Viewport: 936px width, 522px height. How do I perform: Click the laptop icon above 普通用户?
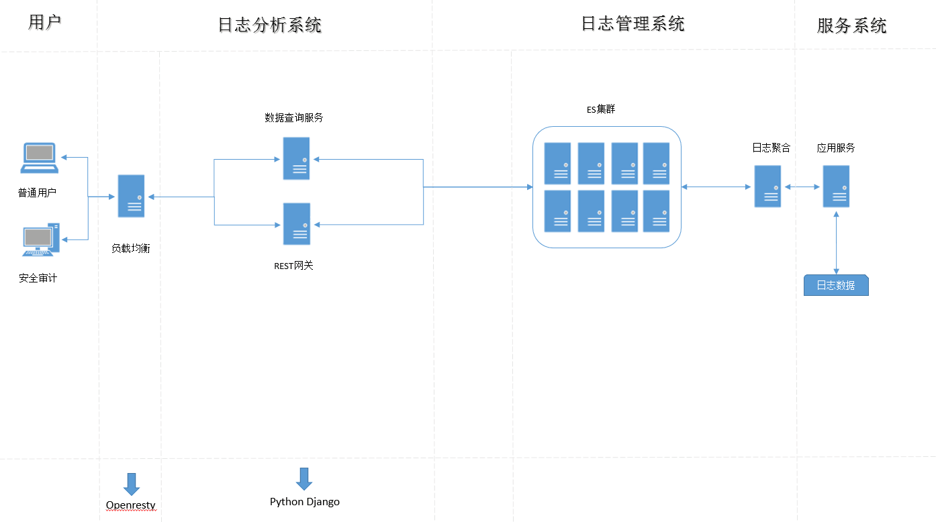[39, 158]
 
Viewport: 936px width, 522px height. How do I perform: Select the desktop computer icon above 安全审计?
[41, 240]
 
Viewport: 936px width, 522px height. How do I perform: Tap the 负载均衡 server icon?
[131, 196]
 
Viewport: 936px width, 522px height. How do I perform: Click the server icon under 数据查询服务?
[296, 158]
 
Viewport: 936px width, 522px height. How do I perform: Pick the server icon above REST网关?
[297, 224]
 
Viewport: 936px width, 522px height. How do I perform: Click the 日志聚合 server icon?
[767, 187]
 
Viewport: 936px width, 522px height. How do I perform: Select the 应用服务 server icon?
[836, 187]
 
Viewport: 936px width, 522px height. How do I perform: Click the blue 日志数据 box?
[836, 285]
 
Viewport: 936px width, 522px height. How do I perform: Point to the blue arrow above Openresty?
[132, 484]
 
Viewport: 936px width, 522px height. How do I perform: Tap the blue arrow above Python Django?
[304, 479]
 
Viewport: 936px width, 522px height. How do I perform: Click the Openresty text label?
[131, 505]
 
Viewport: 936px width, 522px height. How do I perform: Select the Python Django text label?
[305, 502]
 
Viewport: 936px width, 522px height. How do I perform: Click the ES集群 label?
[601, 109]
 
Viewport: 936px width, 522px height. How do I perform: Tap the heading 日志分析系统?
[270, 25]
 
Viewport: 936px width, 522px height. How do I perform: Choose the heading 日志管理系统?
[633, 23]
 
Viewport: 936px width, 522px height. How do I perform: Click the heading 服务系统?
[852, 26]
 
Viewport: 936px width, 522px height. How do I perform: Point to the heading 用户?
[45, 22]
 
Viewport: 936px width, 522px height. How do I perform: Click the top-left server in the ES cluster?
[557, 163]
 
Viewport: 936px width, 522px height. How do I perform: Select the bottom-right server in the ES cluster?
[656, 211]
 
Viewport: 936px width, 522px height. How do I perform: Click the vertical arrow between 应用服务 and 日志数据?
[836, 243]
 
